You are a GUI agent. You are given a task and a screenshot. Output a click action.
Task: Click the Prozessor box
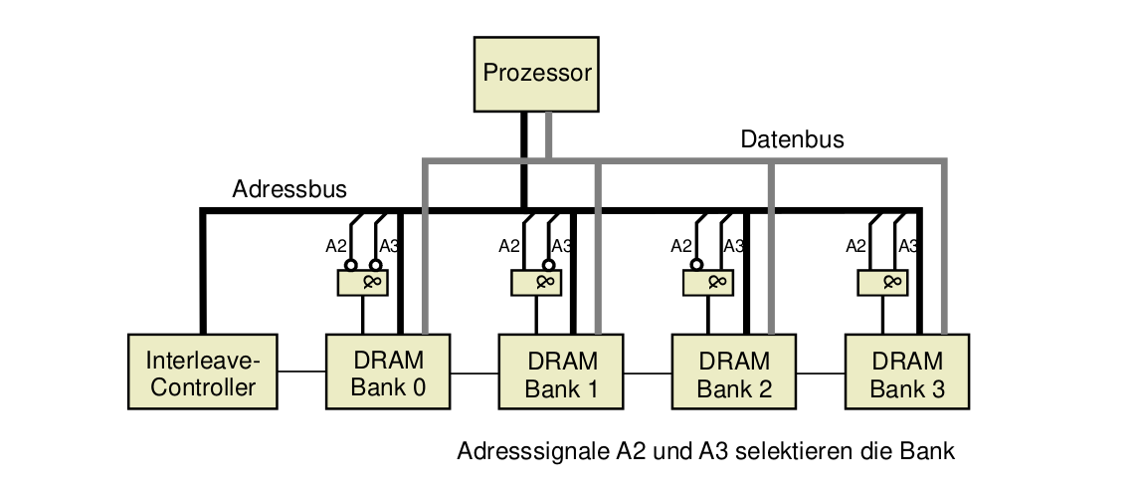[x=536, y=74]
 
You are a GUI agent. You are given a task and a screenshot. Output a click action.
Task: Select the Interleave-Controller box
[x=202, y=372]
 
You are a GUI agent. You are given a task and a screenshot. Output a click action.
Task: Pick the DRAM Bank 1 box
[x=562, y=373]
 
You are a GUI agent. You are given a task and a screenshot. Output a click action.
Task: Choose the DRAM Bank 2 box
[x=734, y=373]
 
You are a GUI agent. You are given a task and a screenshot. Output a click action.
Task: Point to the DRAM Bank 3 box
[x=907, y=373]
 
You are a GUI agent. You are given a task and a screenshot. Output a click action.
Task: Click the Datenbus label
[x=792, y=139]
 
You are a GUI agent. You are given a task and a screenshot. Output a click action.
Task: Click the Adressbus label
[x=289, y=189]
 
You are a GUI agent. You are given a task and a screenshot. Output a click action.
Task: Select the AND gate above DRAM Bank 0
[x=363, y=284]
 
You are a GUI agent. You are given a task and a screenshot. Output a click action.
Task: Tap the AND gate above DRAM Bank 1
[x=536, y=284]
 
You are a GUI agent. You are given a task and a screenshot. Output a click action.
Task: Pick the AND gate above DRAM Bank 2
[x=709, y=284]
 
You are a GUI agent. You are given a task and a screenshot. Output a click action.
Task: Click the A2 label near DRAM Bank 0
[x=336, y=246]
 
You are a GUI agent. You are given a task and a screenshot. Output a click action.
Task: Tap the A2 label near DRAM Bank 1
[x=509, y=246]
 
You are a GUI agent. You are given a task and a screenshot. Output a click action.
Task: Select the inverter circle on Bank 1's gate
[x=548, y=266]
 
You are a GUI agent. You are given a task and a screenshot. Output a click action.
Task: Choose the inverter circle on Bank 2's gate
[x=696, y=266]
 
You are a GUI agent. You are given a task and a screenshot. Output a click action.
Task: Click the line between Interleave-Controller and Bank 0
[x=301, y=373]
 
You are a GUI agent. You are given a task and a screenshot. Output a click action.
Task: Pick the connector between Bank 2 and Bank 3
[x=821, y=373]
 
